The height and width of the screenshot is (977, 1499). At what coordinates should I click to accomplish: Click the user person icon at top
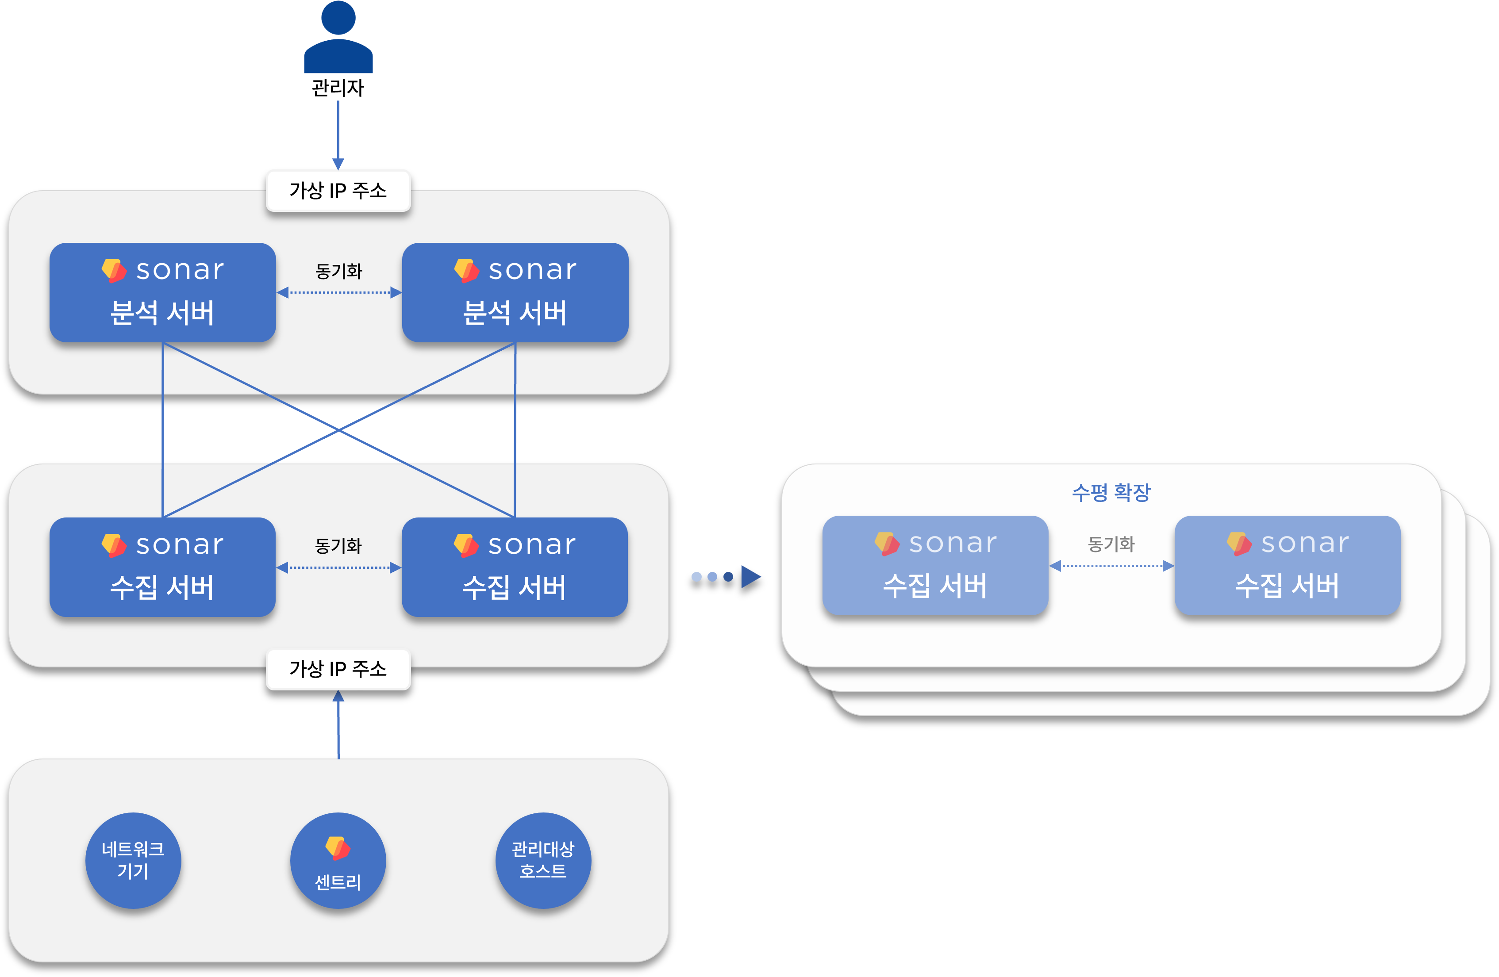(338, 38)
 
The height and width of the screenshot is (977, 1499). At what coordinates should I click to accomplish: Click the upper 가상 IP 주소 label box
(338, 190)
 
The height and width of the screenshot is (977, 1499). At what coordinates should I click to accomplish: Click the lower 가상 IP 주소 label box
(338, 669)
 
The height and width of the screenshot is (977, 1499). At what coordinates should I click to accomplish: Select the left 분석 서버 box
(162, 293)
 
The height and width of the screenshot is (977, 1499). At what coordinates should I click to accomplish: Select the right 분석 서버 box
(515, 293)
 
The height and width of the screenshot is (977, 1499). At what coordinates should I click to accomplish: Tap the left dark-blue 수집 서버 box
(162, 567)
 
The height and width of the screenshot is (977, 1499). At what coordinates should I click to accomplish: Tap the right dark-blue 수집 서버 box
(515, 567)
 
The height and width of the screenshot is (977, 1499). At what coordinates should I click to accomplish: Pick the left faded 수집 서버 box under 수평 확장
(935, 565)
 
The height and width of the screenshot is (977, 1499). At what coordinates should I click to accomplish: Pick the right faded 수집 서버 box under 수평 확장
(1288, 565)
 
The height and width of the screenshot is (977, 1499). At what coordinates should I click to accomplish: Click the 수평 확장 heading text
(1111, 492)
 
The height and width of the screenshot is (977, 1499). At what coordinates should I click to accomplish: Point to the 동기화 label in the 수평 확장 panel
(1111, 544)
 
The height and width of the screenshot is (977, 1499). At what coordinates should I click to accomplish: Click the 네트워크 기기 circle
(133, 861)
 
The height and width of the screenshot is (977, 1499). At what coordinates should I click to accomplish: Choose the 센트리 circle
(338, 861)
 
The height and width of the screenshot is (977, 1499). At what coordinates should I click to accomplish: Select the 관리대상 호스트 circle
(543, 861)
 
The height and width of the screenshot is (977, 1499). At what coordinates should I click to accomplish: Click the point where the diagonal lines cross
(339, 431)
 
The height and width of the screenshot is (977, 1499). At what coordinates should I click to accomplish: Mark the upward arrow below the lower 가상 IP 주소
(338, 724)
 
